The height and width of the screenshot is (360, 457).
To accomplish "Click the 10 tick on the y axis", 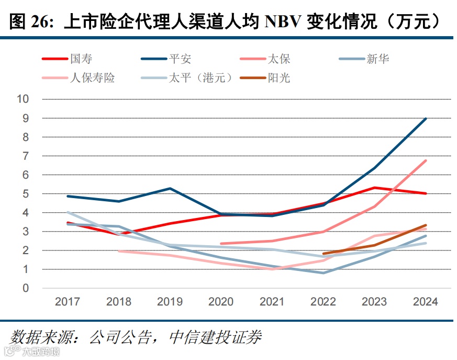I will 23,99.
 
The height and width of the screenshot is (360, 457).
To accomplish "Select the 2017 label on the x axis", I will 67,302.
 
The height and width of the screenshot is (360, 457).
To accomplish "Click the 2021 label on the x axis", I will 272,302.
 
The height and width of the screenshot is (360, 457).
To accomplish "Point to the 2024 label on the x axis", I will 426,302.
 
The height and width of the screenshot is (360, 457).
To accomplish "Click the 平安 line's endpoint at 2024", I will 426,118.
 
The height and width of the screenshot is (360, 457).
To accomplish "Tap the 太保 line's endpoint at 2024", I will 426,160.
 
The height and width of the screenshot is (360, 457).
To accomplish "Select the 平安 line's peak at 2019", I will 170,188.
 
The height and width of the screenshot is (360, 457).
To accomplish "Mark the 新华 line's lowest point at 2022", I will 324,273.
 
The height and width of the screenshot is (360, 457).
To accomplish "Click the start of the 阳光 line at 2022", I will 324,254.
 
